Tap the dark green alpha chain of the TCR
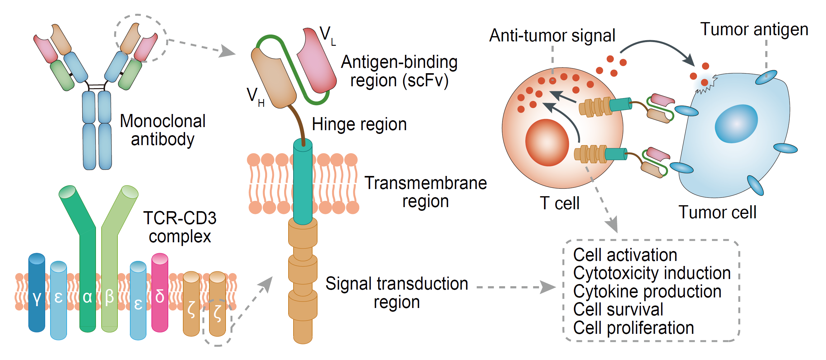click(x=87, y=272)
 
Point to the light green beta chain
click(x=110, y=272)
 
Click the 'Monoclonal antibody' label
click(x=163, y=130)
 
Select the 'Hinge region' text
click(x=359, y=124)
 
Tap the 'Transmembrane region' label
click(x=426, y=192)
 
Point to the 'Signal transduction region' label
click(x=397, y=293)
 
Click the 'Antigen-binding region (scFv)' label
click(x=399, y=71)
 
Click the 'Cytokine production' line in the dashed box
click(x=647, y=291)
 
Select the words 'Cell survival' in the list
click(x=618, y=310)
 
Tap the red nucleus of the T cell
click(x=547, y=142)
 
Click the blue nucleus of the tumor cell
click(x=736, y=123)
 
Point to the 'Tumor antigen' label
click(x=754, y=30)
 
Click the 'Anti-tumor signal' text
click(x=552, y=35)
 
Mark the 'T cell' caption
click(x=560, y=203)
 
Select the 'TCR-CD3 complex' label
click(x=179, y=227)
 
